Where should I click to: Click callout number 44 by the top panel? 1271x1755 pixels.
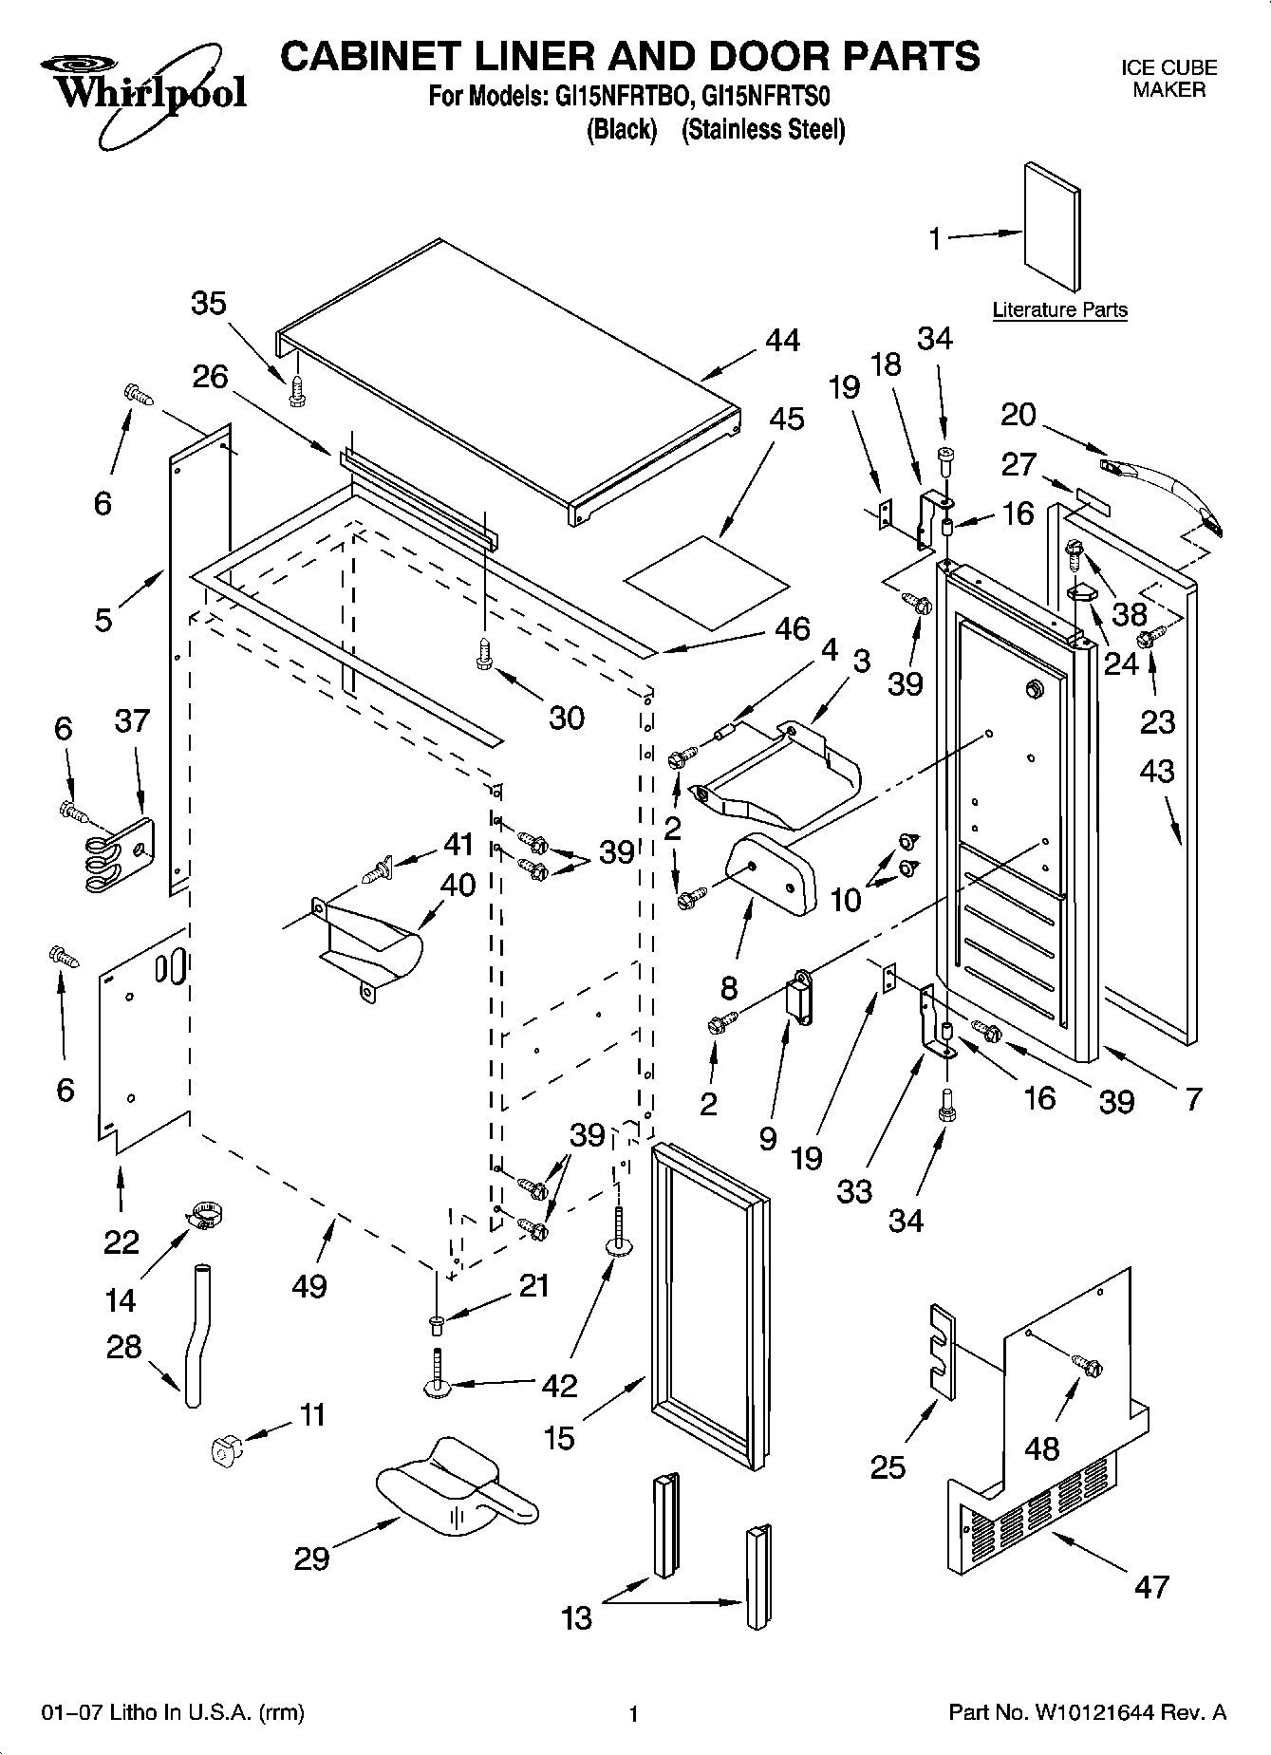click(782, 341)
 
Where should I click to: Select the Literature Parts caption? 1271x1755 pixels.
click(1059, 309)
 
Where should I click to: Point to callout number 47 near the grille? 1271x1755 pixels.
click(1151, 1587)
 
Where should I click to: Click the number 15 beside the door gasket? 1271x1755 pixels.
click(559, 1438)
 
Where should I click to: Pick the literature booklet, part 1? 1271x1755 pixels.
click(1051, 227)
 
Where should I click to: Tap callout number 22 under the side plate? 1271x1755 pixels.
click(121, 1242)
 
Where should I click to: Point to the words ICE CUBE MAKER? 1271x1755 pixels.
click(1168, 80)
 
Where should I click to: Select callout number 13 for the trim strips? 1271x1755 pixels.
click(576, 1618)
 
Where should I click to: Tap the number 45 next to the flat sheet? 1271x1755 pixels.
click(787, 419)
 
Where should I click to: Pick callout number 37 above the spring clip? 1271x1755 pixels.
click(132, 721)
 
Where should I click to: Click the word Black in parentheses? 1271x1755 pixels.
click(622, 130)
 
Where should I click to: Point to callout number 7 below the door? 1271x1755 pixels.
click(1193, 1100)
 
